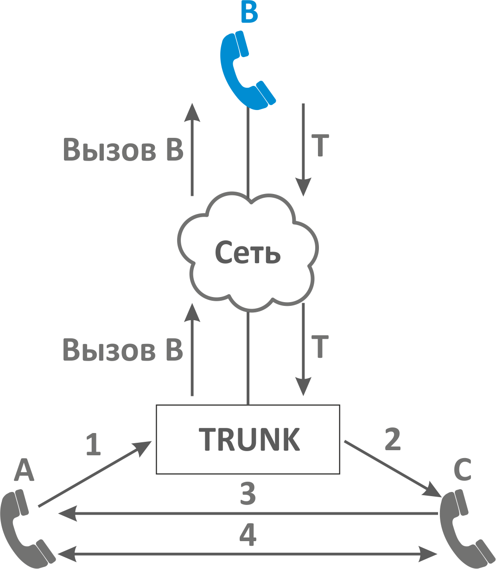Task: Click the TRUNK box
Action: [248, 439]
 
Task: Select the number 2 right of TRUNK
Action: [393, 439]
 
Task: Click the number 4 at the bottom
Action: [248, 534]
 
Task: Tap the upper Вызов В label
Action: [123, 149]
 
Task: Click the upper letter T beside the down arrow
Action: [320, 146]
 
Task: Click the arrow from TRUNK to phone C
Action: [389, 467]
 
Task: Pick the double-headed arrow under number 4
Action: [248, 554]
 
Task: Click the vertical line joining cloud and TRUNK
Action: [248, 357]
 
